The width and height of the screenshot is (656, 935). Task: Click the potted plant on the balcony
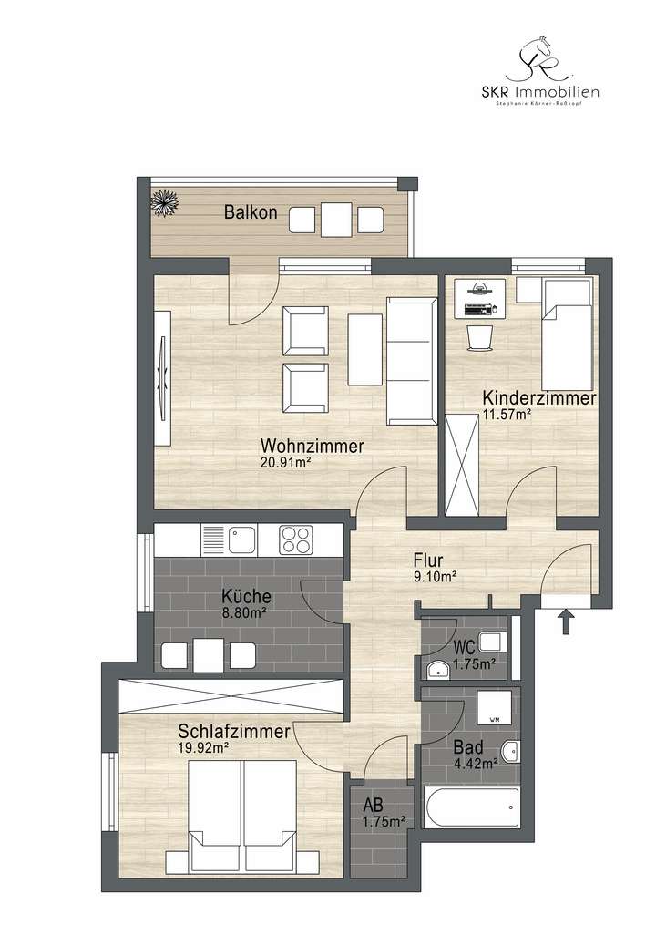tap(166, 202)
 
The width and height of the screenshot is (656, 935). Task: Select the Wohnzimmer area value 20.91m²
tap(286, 462)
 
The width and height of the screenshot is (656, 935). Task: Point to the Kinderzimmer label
tap(538, 398)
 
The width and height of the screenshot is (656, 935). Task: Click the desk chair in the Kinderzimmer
tap(479, 338)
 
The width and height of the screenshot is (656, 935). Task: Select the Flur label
tap(428, 560)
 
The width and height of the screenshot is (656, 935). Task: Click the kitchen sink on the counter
tap(241, 539)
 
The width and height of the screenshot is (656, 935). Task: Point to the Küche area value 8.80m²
tap(244, 613)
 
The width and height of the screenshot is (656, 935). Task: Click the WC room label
tap(465, 649)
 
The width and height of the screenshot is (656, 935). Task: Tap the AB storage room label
tap(374, 806)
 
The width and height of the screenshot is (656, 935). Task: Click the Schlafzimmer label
tap(234, 732)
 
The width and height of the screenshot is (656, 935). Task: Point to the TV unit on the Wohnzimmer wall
tap(163, 378)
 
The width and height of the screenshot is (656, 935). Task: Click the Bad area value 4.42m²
tap(475, 764)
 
